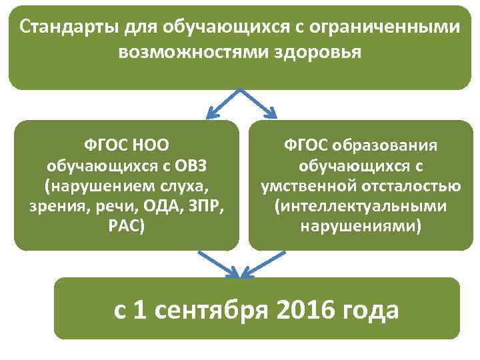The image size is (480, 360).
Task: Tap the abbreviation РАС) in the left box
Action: point(125,225)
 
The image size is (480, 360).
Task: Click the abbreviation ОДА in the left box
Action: point(154,205)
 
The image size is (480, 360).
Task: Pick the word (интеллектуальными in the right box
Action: point(361,205)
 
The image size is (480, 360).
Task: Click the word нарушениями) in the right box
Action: point(361,225)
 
